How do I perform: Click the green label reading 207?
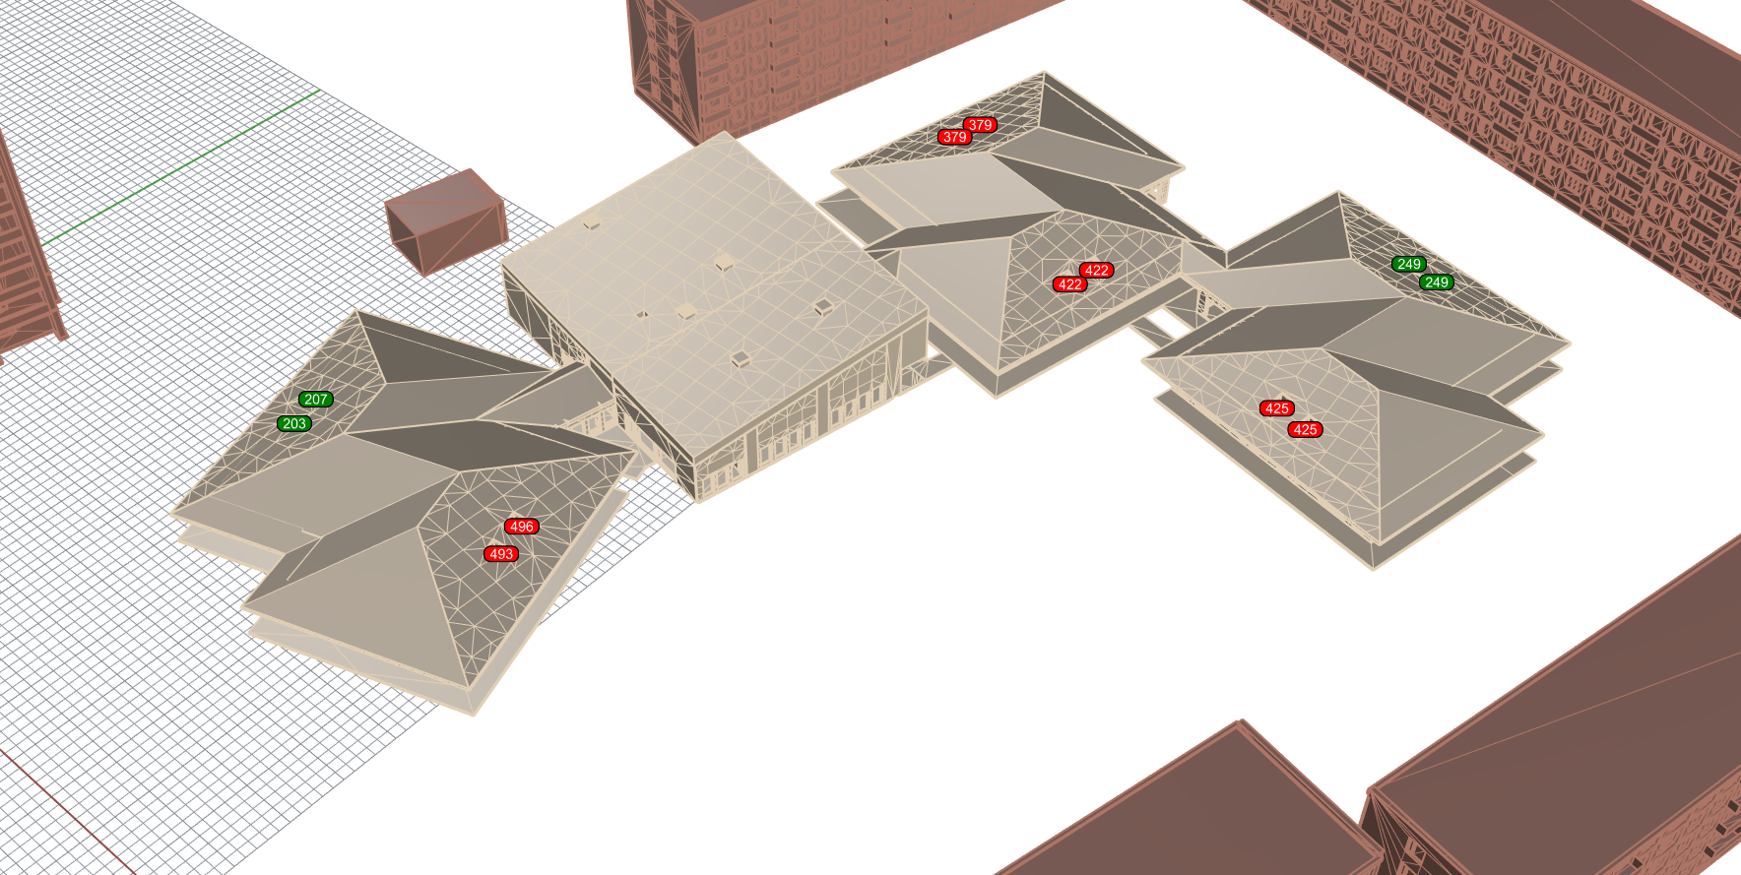(316, 400)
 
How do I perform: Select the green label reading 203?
(294, 424)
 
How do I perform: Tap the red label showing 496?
(522, 527)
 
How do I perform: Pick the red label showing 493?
(501, 554)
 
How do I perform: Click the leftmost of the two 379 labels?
(954, 138)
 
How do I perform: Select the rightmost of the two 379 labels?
(980, 125)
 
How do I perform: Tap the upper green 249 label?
(1409, 264)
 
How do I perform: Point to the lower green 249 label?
(1437, 282)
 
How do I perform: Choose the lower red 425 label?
(1306, 429)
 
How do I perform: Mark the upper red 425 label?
(1277, 408)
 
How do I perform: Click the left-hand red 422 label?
(1070, 284)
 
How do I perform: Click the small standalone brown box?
(446, 221)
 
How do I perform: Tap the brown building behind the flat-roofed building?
(837, 59)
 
